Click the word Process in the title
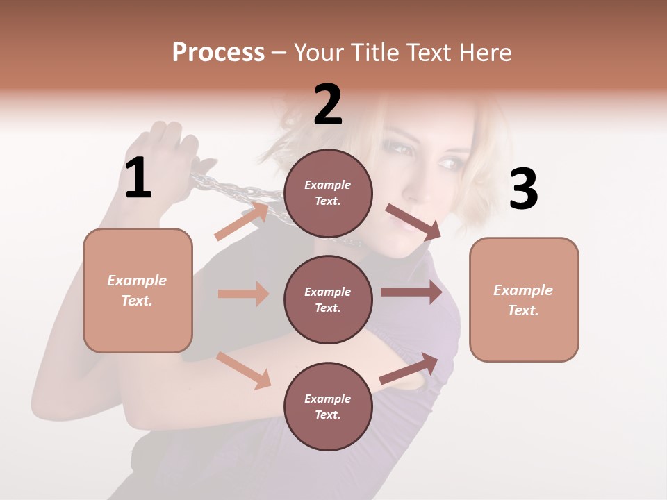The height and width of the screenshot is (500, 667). (218, 53)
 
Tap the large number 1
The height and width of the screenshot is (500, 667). (138, 178)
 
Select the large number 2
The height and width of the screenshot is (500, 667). (328, 105)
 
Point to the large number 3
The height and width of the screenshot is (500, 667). (523, 189)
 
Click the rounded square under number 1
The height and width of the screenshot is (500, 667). (138, 290)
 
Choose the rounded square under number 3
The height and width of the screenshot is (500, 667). (524, 299)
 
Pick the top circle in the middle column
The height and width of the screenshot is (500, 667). (329, 193)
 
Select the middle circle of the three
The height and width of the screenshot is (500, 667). (329, 299)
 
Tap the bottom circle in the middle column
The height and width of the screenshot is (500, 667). (329, 406)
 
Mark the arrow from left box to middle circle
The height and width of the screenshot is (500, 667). (243, 294)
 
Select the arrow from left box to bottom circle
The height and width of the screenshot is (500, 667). (244, 370)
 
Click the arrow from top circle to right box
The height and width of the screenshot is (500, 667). (414, 222)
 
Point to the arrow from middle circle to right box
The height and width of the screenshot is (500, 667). (411, 292)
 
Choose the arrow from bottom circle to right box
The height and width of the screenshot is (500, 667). (409, 369)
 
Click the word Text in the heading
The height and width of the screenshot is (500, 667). (433, 53)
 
